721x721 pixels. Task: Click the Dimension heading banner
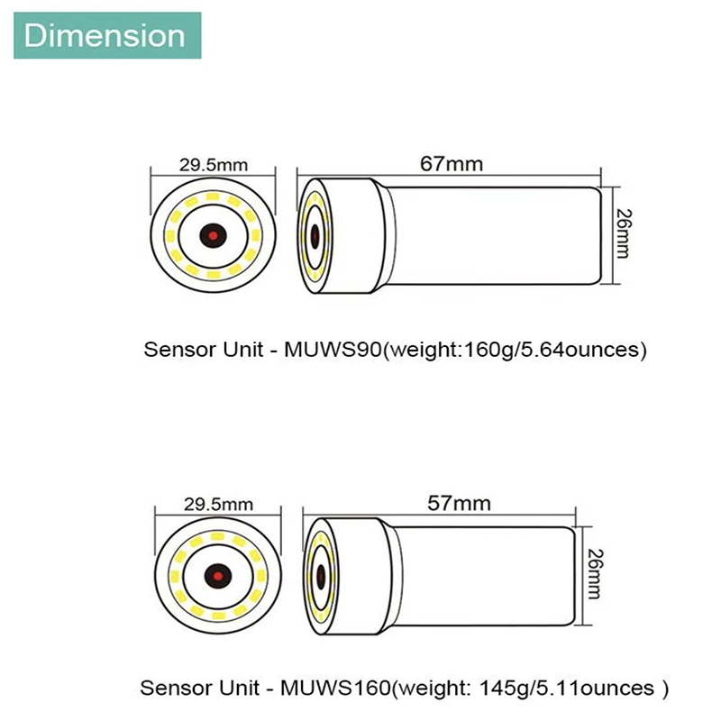coord(107,35)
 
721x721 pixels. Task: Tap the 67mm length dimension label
coord(452,164)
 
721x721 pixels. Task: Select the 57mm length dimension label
coord(459,503)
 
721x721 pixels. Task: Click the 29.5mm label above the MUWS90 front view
coord(214,165)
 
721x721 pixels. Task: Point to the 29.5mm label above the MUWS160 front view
coord(218,505)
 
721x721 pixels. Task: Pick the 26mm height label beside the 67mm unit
coord(624,233)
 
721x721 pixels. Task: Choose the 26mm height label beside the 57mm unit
coord(596,574)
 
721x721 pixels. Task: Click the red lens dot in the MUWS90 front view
coord(213,236)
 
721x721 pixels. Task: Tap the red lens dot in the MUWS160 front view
coord(218,576)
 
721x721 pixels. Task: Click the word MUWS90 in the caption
coord(333,350)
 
